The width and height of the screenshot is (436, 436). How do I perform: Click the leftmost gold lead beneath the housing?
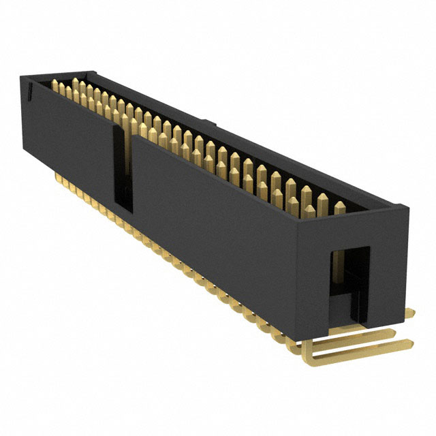[x=57, y=176]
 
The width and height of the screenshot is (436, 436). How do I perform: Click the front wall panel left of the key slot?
[x=68, y=136]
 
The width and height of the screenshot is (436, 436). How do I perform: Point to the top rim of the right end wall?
[x=354, y=212]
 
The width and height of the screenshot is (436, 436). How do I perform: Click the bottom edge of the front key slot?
[x=123, y=204]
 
